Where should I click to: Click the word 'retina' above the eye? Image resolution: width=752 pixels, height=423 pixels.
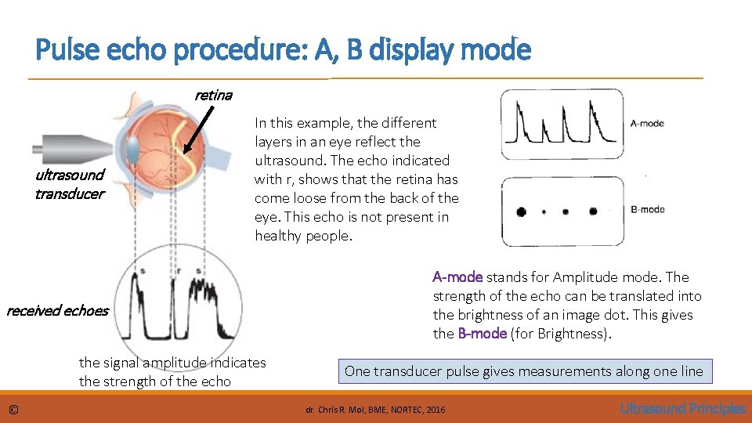(x=213, y=95)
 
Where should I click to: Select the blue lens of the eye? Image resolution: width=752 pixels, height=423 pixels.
(x=132, y=149)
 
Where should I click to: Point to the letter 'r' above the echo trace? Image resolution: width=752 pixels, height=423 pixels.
(x=179, y=271)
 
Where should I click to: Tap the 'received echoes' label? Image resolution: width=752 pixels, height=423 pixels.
(x=57, y=311)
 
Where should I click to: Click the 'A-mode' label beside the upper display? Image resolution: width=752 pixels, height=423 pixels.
(x=647, y=124)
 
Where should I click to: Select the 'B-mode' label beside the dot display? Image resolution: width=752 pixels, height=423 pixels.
(x=647, y=209)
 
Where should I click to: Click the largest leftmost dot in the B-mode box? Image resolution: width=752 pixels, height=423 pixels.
(x=519, y=211)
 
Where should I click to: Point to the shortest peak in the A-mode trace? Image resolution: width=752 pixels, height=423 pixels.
(x=540, y=129)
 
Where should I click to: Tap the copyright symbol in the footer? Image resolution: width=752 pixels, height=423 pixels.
(x=14, y=409)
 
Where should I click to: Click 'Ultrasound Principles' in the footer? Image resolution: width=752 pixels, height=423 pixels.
(x=682, y=408)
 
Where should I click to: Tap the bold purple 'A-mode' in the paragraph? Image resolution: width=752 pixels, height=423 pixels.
(x=457, y=277)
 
